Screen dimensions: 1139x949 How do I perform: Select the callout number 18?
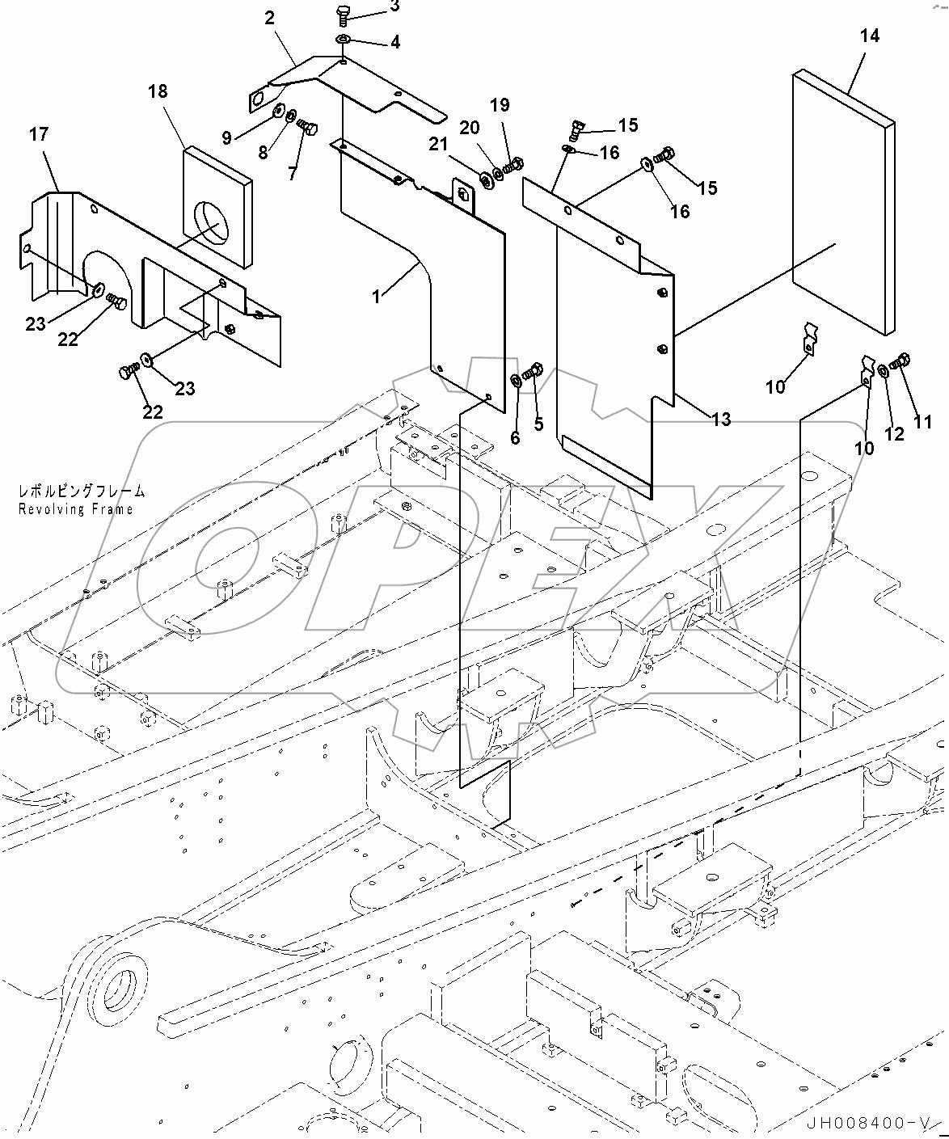point(158,91)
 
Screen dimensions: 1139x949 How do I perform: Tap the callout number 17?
point(39,134)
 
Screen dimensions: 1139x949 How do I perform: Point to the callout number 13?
point(720,419)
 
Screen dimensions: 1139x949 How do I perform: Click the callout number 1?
point(376,297)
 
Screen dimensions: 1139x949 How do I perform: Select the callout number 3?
point(394,6)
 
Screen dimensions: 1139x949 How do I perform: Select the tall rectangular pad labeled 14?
point(843,202)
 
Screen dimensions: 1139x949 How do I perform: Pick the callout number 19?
point(500,104)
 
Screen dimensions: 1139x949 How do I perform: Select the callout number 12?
point(894,433)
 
